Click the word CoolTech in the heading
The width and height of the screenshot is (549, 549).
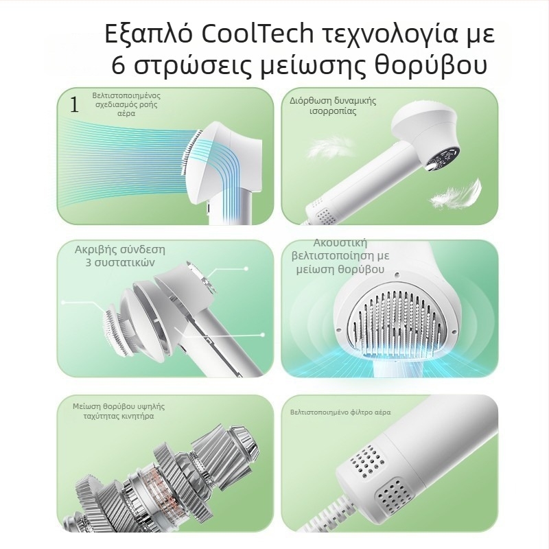(257, 34)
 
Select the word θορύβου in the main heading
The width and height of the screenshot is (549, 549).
(431, 65)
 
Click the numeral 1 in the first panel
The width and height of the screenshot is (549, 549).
(74, 104)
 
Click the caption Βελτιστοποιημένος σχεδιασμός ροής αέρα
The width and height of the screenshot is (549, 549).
(126, 104)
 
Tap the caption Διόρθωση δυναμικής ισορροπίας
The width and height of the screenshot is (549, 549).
(333, 106)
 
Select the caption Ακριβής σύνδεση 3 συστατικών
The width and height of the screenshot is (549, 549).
(119, 256)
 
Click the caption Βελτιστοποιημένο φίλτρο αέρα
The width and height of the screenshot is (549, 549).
(340, 412)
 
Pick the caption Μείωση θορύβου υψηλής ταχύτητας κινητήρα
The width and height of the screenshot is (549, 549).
(119, 411)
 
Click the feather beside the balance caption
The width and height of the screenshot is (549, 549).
(329, 148)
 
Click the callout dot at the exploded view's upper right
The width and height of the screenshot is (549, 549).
(246, 268)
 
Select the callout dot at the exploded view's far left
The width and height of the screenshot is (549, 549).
(63, 302)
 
